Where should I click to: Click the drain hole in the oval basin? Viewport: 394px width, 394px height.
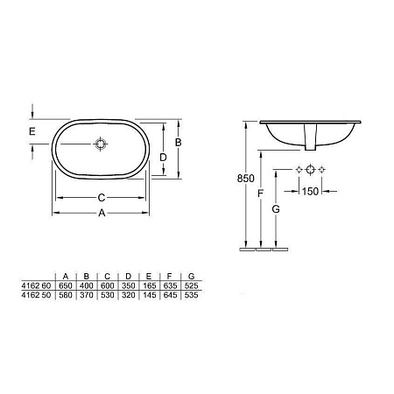pos(102,144)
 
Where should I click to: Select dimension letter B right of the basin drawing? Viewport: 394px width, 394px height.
pos(178,141)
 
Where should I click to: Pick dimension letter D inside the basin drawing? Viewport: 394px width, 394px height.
pos(162,157)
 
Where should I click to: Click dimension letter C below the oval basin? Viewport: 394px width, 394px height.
pos(101,197)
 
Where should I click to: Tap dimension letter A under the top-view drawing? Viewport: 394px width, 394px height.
pos(101,213)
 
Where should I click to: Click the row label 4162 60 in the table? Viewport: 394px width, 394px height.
pos(34,285)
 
